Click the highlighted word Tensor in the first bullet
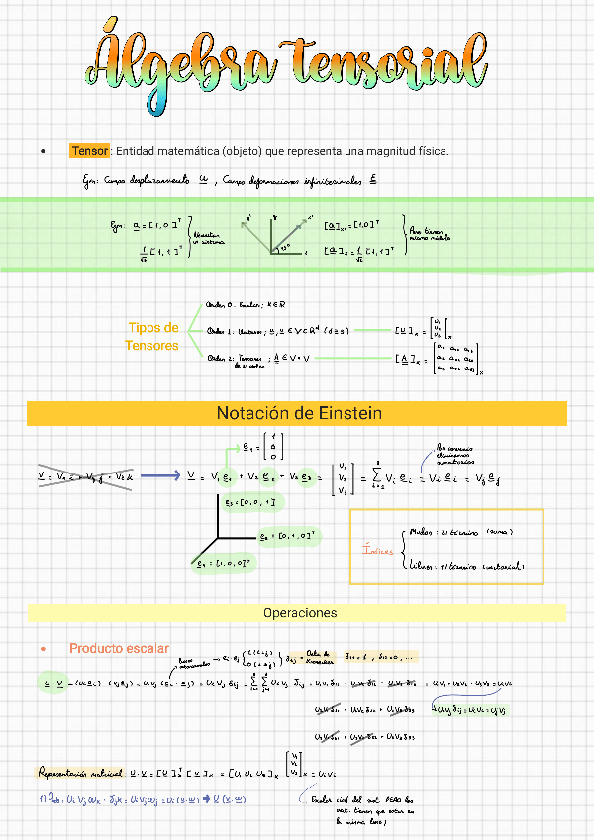90,151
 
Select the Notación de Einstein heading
298,413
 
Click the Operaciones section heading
299,613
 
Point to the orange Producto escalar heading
119,648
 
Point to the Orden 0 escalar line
244,305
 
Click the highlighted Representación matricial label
80,771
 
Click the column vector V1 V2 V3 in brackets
343,477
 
